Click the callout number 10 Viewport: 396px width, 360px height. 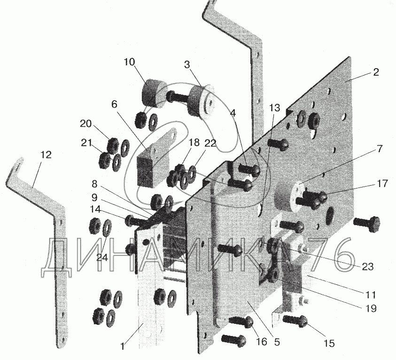[x=130, y=62]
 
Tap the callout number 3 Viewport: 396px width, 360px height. [x=186, y=65]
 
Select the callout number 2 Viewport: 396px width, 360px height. [x=376, y=72]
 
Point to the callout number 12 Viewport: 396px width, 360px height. [x=46, y=155]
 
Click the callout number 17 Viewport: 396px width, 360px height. [x=382, y=183]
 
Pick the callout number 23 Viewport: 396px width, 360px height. [x=367, y=267]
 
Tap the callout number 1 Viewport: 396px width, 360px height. [x=123, y=346]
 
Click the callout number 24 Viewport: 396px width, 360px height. [x=102, y=257]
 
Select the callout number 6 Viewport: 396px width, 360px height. [x=115, y=104]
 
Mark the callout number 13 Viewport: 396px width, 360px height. [x=274, y=108]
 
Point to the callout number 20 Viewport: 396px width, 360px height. [x=85, y=124]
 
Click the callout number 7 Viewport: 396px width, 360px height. [x=380, y=149]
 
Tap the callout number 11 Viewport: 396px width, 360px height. [x=371, y=295]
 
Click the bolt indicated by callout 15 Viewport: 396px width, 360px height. [x=295, y=321]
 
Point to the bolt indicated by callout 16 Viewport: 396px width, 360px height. [x=241, y=322]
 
